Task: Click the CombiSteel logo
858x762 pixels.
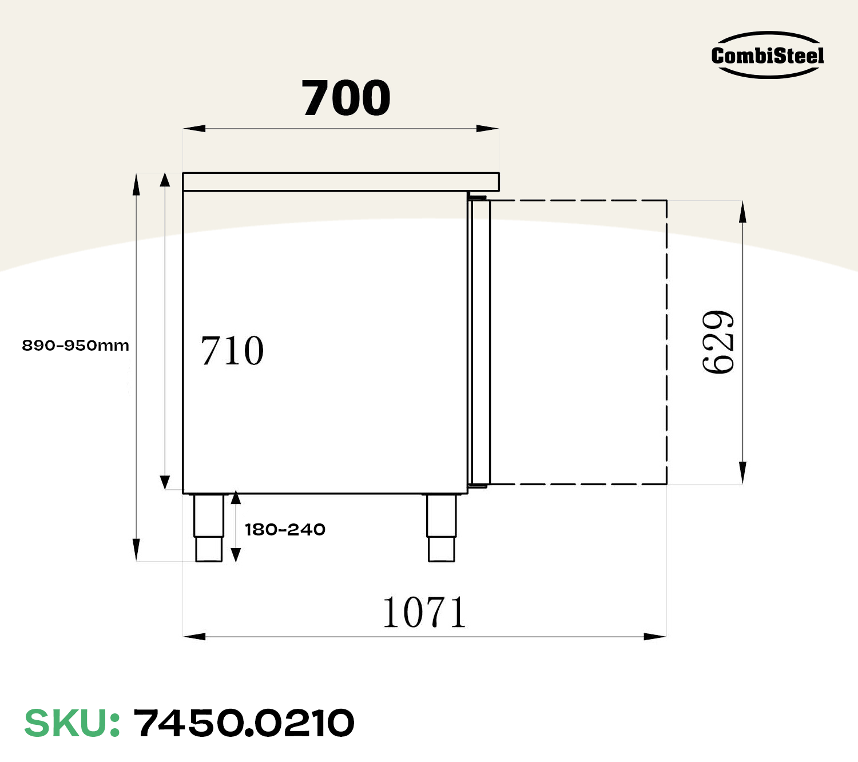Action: click(767, 55)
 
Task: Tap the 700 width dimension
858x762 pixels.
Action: click(346, 98)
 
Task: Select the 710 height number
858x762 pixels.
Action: click(232, 351)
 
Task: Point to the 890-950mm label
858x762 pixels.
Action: click(76, 346)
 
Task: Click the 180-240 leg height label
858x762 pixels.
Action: click(285, 530)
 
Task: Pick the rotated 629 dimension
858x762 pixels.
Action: click(718, 342)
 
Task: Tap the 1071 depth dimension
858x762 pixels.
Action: click(424, 613)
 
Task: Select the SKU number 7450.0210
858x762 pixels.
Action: click(244, 723)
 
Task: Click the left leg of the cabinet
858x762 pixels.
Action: click(209, 527)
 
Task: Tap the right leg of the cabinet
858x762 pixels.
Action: click(442, 527)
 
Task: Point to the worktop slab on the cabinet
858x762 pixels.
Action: click(341, 182)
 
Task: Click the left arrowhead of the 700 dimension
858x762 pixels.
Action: click(193, 129)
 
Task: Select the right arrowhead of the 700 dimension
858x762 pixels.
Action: click(488, 129)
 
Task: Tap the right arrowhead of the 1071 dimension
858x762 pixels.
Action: click(656, 636)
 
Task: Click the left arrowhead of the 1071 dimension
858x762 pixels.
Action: click(194, 636)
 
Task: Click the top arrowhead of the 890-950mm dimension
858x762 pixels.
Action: click(136, 184)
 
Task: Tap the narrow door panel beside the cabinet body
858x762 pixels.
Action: click(479, 342)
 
